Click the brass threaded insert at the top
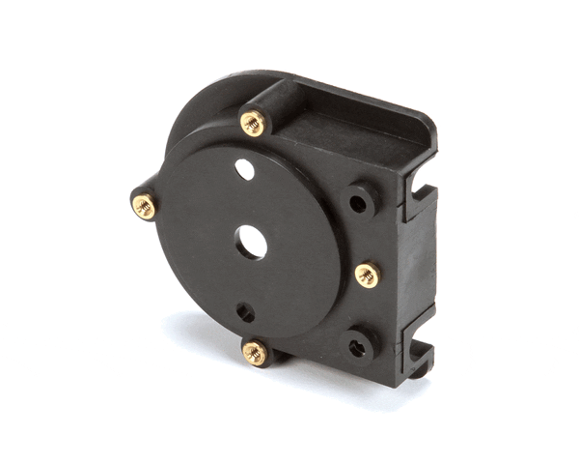253,122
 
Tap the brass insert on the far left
144,205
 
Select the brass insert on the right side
368,275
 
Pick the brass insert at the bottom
255,352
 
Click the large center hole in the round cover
252,242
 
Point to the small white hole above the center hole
245,170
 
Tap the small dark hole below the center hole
247,312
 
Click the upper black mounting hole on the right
358,204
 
